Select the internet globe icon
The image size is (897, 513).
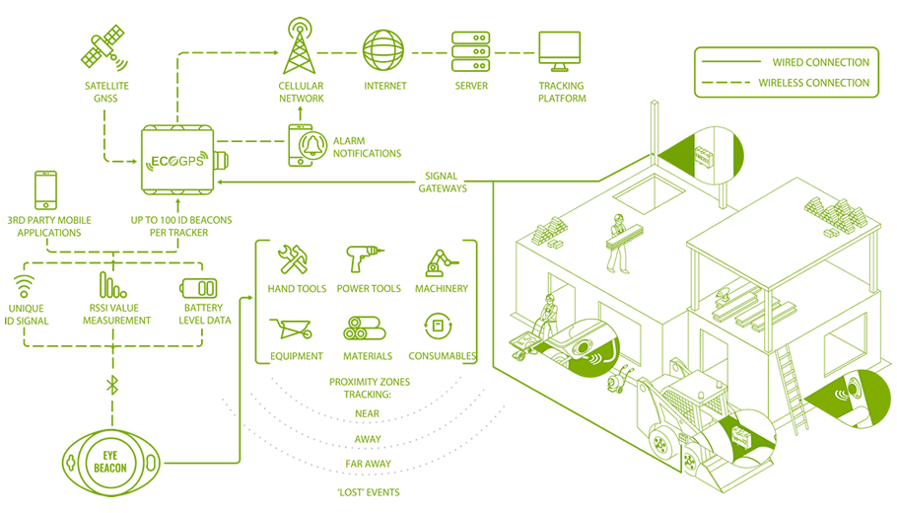(x=384, y=50)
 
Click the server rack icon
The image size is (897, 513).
(x=471, y=50)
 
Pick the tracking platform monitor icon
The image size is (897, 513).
(x=560, y=50)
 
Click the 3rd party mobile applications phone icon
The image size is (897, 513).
(x=45, y=189)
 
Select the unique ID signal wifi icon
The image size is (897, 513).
(x=25, y=288)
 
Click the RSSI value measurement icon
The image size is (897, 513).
(x=115, y=288)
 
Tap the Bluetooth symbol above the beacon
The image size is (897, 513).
(x=111, y=383)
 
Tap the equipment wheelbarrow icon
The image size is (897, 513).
(x=292, y=328)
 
